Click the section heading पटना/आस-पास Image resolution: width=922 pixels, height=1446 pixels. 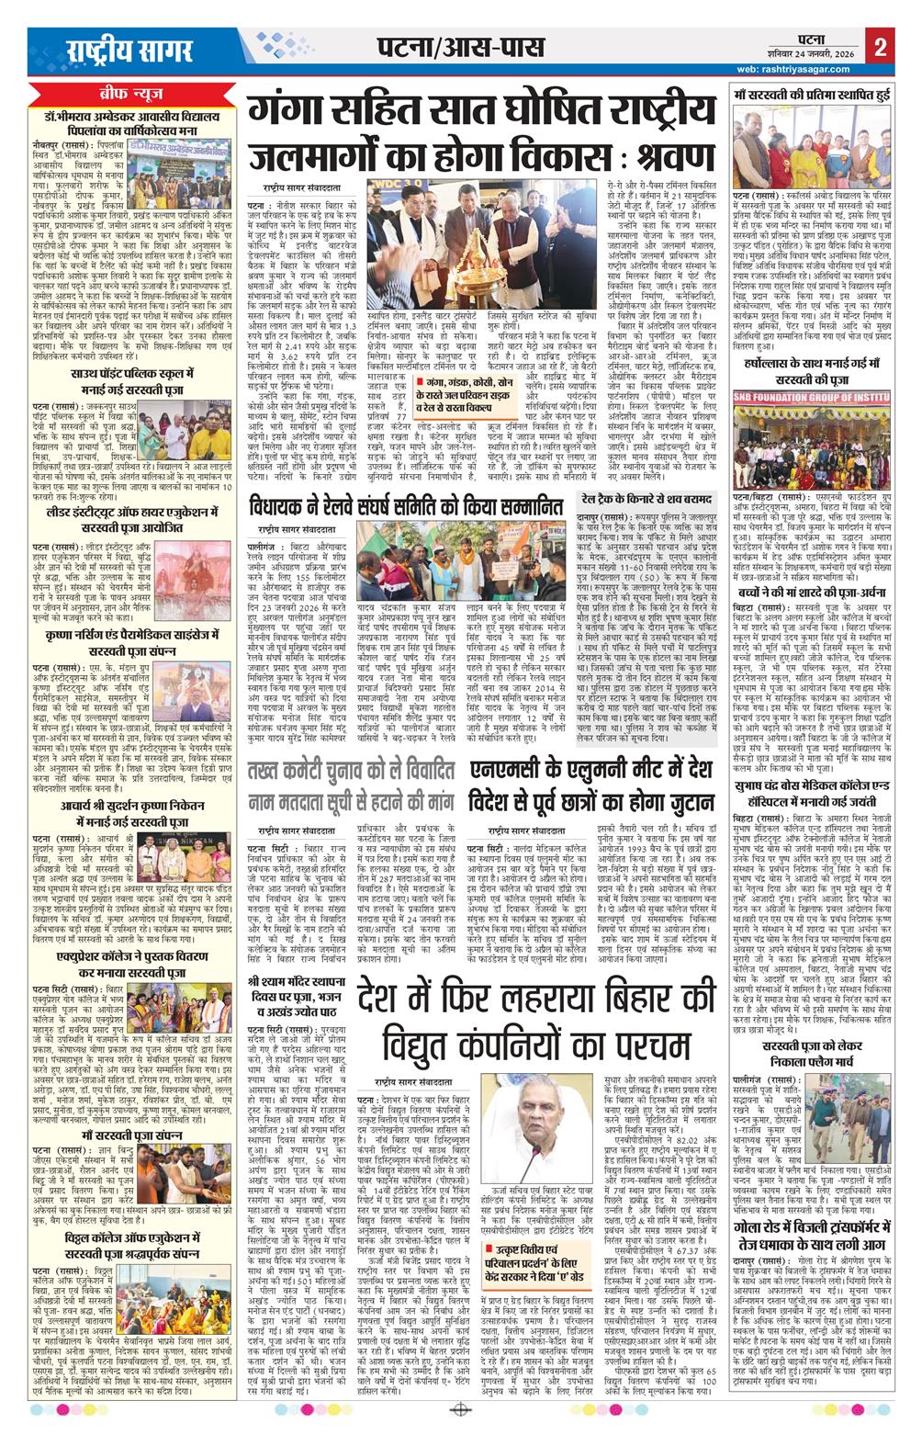point(448,48)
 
